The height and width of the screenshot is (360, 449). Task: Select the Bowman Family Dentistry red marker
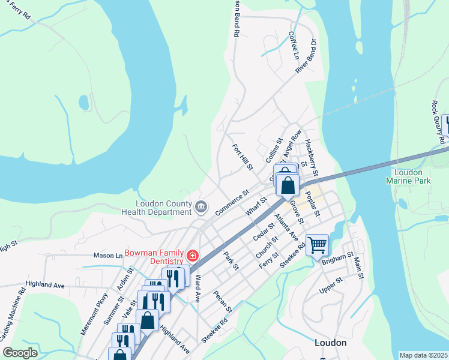point(193,256)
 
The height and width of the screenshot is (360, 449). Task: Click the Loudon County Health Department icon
point(201,208)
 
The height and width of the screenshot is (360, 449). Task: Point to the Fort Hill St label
point(243,155)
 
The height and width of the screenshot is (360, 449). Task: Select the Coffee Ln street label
point(294,46)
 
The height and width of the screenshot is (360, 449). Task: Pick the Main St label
point(358,267)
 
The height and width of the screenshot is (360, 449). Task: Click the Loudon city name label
point(331,343)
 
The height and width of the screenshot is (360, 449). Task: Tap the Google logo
point(20,353)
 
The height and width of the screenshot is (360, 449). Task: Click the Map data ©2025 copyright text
point(423,355)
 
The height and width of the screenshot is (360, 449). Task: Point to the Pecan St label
point(223,301)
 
